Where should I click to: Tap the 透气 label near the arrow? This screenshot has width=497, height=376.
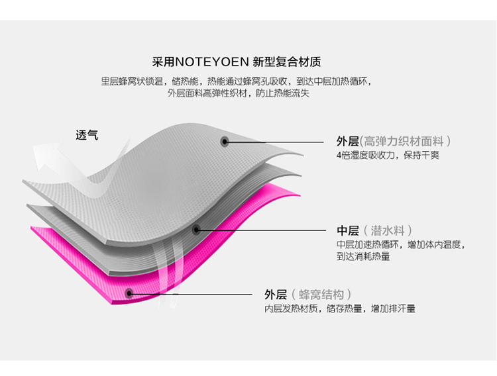pos(87,135)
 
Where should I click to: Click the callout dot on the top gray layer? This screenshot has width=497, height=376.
pos(225,140)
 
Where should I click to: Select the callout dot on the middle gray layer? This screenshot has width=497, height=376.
pos(196,230)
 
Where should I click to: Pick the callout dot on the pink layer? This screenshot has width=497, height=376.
pos(129,293)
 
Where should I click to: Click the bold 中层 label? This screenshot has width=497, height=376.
pos(348,230)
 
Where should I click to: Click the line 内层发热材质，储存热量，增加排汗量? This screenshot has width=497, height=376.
pos(340,308)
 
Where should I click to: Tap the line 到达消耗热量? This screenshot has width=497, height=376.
pos(362,256)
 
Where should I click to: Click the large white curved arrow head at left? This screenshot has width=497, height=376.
pos(46,160)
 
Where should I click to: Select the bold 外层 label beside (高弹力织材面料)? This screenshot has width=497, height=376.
pos(348,140)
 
